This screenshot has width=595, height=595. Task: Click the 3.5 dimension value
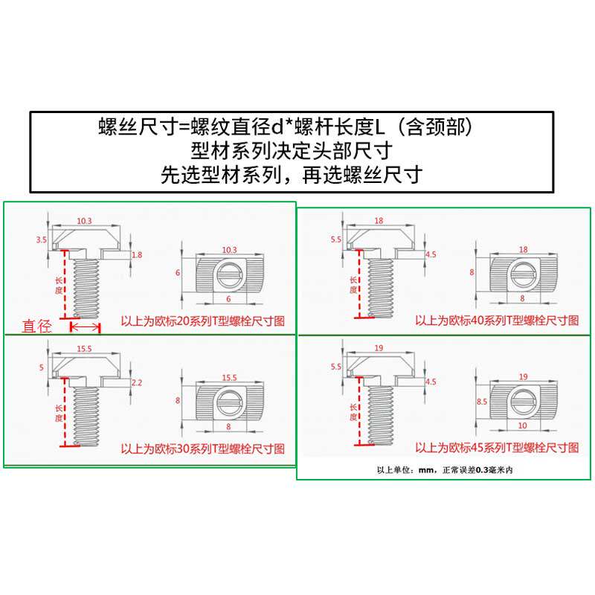point(41,239)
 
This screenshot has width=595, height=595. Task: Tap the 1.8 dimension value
point(136,255)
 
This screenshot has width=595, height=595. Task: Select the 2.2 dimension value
point(136,382)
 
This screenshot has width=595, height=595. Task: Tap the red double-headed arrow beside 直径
point(85,327)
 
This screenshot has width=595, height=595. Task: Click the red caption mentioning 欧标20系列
point(203,322)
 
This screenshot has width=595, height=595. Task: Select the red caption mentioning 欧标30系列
point(203,449)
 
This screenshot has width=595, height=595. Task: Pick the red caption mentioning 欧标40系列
point(497,321)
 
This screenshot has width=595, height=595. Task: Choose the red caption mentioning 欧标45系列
point(497,448)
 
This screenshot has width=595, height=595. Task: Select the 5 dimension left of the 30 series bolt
point(42,367)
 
